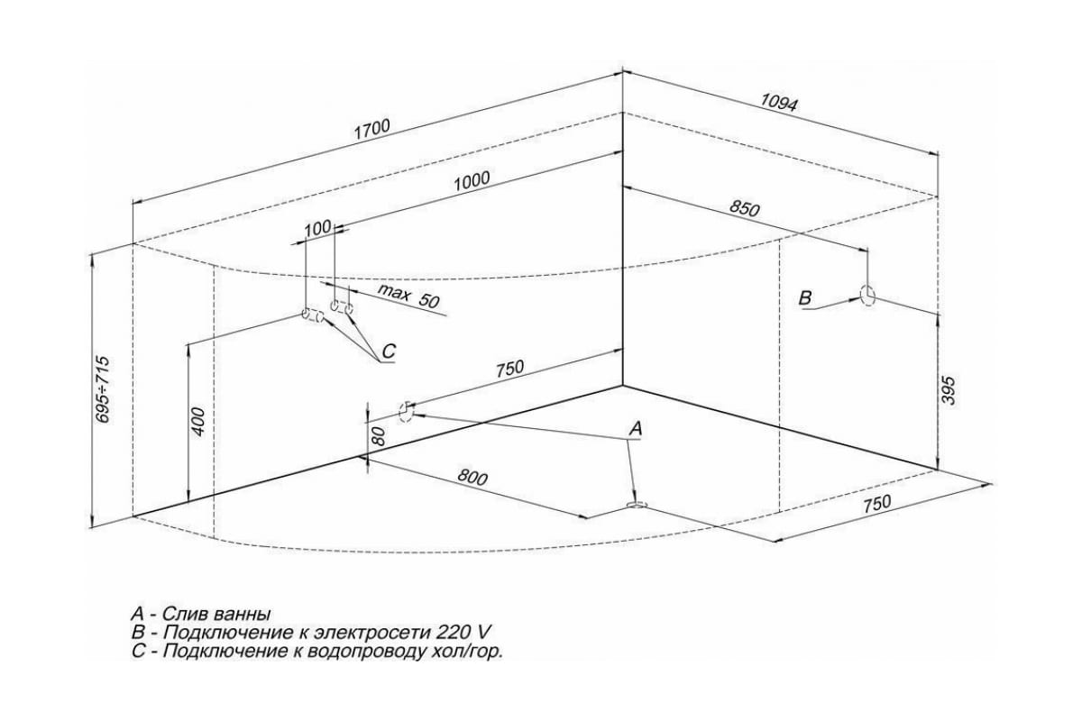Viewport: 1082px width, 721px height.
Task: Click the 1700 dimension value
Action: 371,128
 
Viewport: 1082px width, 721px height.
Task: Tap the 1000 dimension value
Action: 472,180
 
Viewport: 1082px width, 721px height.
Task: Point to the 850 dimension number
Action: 745,208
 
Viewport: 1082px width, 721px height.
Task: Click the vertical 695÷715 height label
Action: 103,389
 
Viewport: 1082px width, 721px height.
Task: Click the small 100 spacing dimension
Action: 316,229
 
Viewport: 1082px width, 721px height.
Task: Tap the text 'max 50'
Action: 408,296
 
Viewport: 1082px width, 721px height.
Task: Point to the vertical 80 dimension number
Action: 380,437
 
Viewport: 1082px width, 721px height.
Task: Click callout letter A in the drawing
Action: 635,429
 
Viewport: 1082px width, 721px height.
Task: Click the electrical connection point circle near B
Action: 867,296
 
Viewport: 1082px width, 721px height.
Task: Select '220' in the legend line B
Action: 451,632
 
